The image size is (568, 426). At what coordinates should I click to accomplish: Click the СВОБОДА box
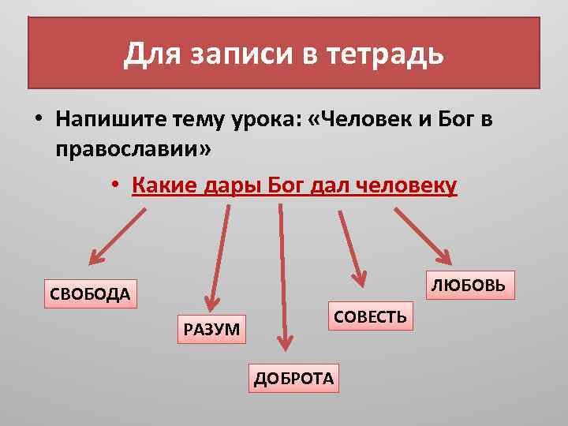coord(90,294)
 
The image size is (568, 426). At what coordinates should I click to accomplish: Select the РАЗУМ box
coord(211,328)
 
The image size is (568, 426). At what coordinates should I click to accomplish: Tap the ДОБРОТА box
coord(293,378)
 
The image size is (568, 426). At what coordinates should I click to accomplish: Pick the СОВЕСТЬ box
coord(370,316)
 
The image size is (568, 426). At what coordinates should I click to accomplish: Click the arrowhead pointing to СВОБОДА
coord(95,257)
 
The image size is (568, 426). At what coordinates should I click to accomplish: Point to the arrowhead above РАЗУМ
coord(210,303)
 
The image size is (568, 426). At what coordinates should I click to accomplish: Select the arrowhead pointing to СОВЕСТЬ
coord(360,277)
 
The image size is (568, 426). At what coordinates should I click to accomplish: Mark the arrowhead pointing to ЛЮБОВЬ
coord(444,257)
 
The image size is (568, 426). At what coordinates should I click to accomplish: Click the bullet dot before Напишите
coord(37,120)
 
